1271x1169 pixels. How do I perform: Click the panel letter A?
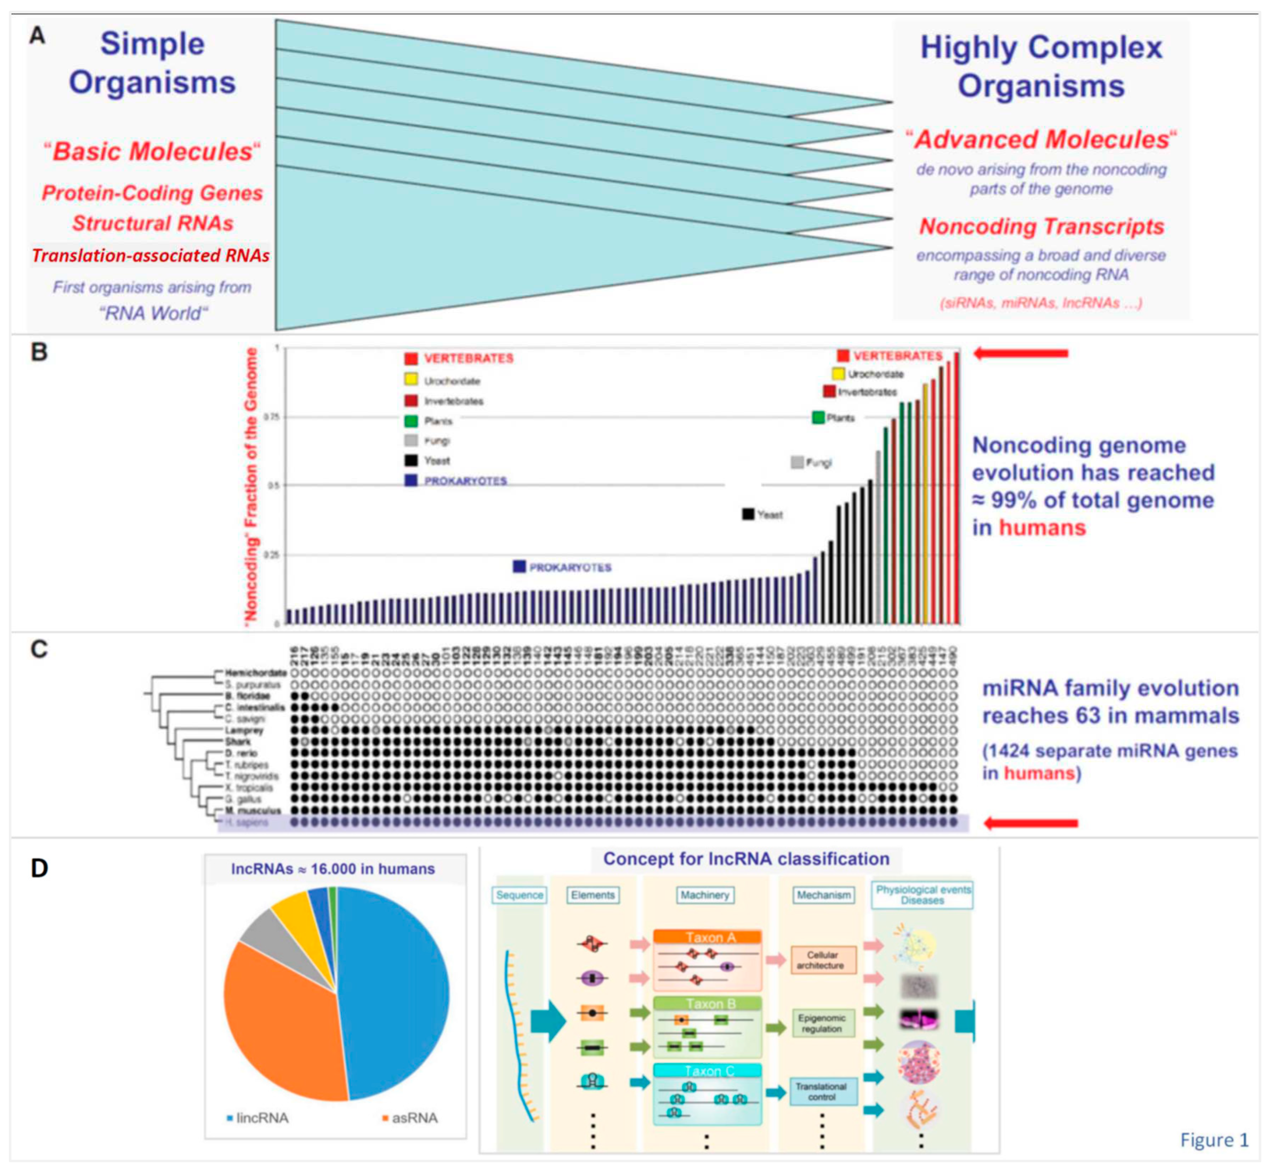38,36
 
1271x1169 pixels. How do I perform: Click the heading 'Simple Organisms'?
152,63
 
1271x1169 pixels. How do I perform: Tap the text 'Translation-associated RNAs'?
150,255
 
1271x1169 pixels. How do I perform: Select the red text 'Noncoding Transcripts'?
1041,227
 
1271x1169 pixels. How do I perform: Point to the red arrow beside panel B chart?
1020,354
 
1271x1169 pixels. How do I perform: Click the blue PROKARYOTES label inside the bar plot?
569,567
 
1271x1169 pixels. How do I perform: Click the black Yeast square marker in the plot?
748,514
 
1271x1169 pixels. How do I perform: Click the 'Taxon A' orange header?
707,938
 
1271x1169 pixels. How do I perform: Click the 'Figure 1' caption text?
1213,1139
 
